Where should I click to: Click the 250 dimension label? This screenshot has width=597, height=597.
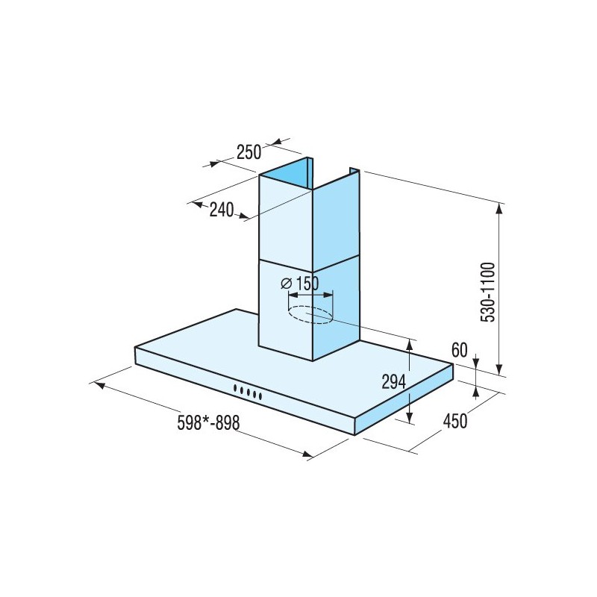[249, 152]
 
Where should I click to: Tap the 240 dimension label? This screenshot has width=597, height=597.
[222, 210]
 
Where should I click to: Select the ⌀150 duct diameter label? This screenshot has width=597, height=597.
[300, 284]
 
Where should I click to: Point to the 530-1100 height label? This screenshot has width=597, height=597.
[488, 293]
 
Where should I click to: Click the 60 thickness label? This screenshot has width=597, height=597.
[460, 350]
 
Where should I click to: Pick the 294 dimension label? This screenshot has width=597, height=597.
[394, 382]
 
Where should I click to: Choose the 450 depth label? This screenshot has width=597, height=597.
[455, 421]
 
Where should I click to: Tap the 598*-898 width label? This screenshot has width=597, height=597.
[208, 422]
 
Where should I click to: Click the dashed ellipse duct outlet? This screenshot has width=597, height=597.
[310, 315]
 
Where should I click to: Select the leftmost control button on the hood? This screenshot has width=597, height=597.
[236, 388]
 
